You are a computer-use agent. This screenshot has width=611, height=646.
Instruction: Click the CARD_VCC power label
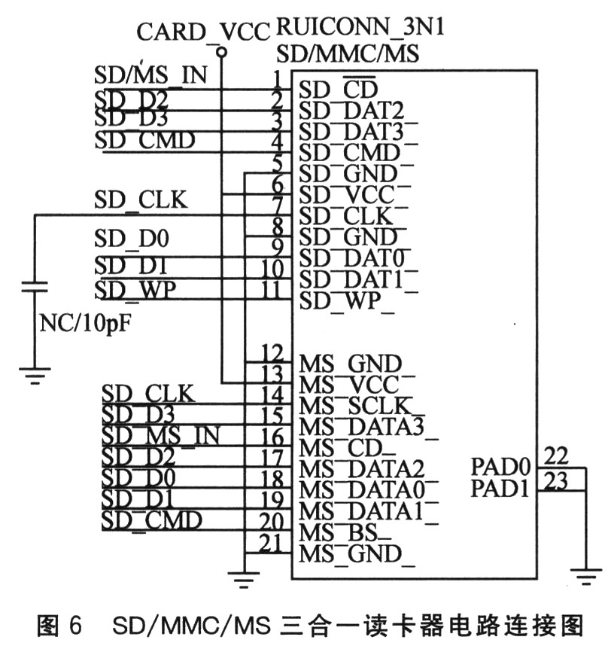coord(203,32)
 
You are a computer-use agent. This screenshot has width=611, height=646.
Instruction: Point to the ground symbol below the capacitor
coord(35,373)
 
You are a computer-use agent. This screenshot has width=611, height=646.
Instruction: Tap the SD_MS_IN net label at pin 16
coord(161,435)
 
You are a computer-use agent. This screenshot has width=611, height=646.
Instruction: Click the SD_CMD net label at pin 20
coord(151,520)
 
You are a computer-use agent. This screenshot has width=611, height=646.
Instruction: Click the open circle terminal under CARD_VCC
coord(221,50)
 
